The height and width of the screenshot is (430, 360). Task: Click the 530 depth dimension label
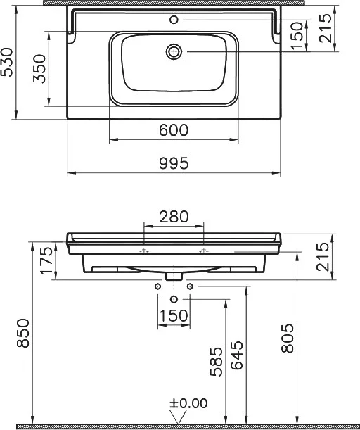coord(7,62)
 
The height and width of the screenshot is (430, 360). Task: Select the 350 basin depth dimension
coord(39,69)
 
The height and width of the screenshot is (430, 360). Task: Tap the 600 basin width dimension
coord(174,130)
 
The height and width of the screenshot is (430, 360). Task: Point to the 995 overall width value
coord(174,163)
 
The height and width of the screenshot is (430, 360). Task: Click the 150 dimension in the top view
coord(298,36)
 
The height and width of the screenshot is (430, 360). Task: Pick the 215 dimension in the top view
coord(326,29)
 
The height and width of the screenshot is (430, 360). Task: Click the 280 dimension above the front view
coord(174,217)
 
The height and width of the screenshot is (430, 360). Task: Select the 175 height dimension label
coord(46,260)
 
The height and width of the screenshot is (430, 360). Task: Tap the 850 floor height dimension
coord(22,333)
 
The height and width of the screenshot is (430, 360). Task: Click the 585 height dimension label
coord(216,362)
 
